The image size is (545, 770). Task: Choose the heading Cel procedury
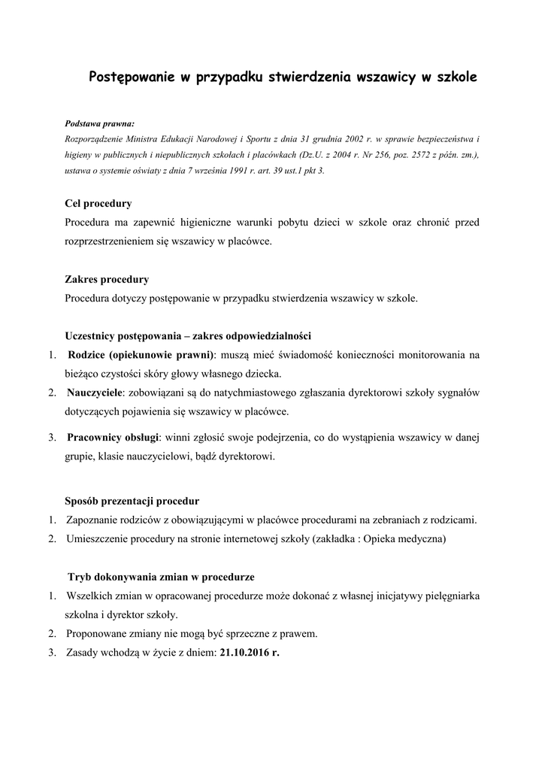coord(98,203)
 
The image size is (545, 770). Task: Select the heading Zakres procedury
coord(107,279)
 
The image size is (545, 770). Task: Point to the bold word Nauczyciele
coord(95,393)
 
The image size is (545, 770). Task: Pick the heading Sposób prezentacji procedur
coord(132,500)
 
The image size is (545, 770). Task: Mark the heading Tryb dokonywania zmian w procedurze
coord(161,577)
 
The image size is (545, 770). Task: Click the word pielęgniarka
coord(447,596)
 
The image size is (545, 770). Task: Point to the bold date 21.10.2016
coord(246,653)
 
